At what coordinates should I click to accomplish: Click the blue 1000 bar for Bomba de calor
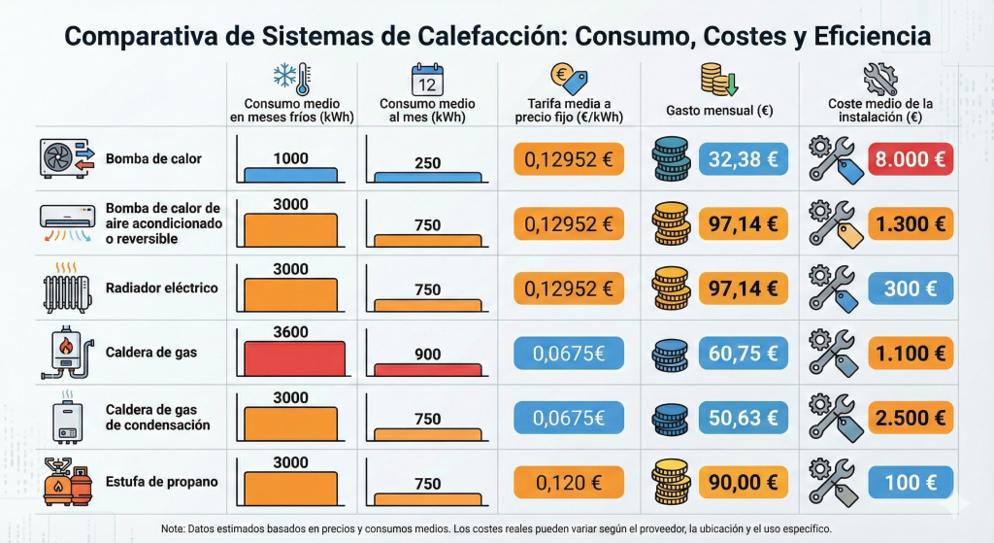291,175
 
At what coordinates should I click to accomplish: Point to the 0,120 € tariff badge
569,483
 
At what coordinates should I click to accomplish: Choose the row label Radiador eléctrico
162,288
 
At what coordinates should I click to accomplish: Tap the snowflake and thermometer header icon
290,79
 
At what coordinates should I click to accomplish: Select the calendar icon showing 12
427,79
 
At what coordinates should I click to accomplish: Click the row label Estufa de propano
162,483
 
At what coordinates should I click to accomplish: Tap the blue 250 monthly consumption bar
427,177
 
